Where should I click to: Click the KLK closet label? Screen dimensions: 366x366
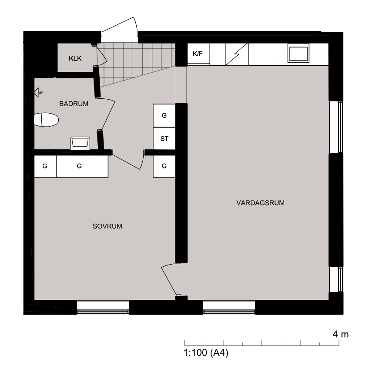pos(75,58)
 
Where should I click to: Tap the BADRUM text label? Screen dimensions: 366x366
pos(74,104)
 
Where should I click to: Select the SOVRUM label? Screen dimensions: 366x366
pos(107,226)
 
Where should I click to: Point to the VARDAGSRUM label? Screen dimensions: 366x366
pos(261,203)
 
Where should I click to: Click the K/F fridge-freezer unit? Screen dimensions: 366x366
pos(198,54)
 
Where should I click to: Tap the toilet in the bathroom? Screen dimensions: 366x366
pos(46,120)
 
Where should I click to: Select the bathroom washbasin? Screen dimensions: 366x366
pos(80,143)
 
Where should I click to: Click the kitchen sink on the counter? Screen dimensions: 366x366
pos(298,53)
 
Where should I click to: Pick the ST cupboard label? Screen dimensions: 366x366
pos(165,139)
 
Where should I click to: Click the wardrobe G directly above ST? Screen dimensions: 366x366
pos(164,115)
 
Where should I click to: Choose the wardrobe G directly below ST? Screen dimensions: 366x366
pos(164,166)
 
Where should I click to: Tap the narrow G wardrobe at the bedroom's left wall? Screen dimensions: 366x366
pos(45,166)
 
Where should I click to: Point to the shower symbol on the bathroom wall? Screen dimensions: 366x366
pos(38,93)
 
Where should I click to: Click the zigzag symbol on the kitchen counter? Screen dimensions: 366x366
pos(237,54)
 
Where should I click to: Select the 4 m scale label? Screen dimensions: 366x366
pos(341,334)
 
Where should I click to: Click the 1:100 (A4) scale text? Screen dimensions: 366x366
pos(206,353)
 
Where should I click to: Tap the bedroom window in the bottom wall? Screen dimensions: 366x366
pos(103,307)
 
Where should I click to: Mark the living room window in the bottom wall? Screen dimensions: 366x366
pos(229,307)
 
